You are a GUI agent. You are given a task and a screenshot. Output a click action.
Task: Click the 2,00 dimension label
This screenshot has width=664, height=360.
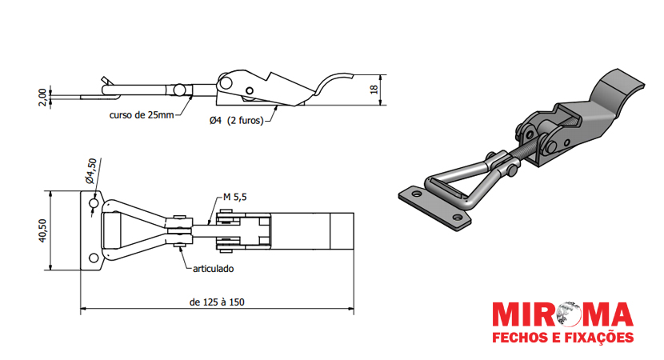pos(42,98)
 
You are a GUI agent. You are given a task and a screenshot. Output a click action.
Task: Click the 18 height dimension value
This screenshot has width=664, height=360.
pos(374,90)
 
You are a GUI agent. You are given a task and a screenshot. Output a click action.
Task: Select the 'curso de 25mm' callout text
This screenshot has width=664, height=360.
pos(142,114)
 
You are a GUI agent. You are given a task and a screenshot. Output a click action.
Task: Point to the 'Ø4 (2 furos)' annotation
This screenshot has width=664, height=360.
pos(236,121)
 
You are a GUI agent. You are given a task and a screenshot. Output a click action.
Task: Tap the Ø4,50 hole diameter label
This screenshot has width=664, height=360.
pos(91,170)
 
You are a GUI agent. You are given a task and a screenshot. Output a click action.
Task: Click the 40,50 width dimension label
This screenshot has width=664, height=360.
pos(42,231)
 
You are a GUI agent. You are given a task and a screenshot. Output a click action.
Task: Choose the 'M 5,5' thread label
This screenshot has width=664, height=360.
pos(235,197)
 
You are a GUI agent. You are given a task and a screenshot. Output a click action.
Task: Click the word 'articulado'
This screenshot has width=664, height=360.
pos(214,269)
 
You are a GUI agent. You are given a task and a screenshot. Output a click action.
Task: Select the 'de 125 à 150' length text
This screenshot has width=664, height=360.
pos(217,302)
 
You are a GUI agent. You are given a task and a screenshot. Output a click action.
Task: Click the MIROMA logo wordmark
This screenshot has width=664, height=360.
pos(562,315)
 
